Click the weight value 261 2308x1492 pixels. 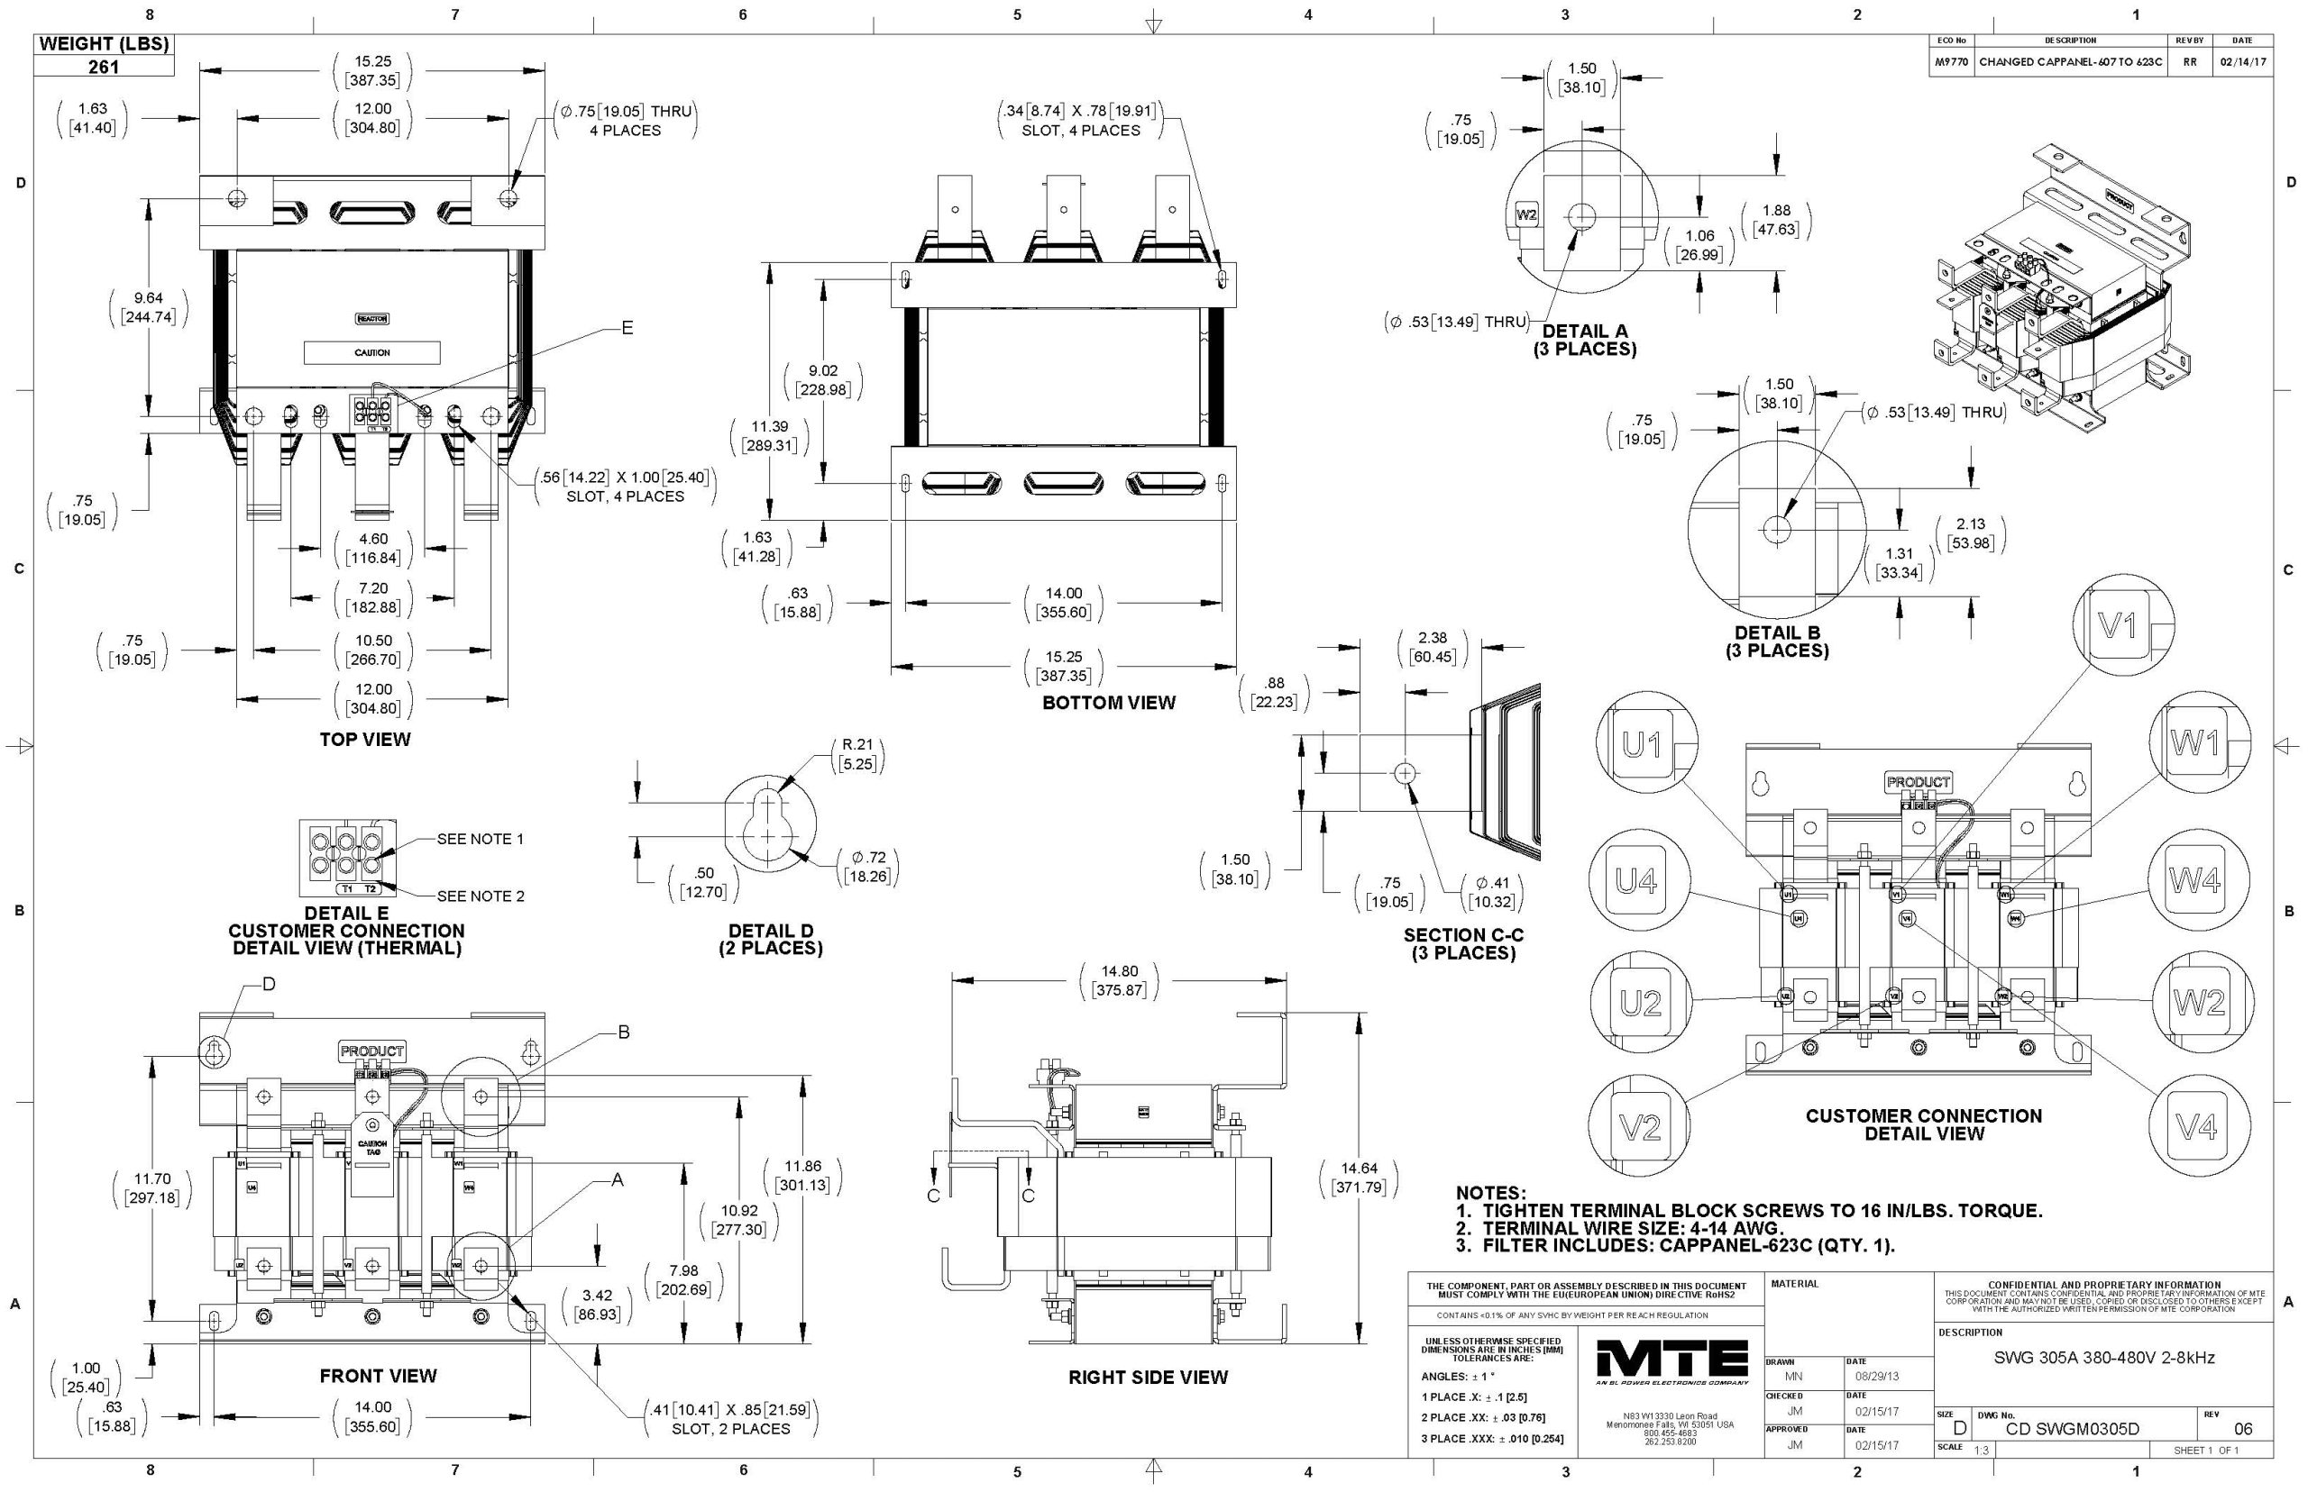tap(104, 67)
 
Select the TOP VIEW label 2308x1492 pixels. tap(364, 739)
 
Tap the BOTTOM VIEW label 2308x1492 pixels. tap(1108, 703)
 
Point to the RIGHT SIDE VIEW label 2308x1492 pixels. tap(1148, 1377)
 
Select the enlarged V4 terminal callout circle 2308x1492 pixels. tap(2196, 1126)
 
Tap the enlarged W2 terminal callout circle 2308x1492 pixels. tap(2199, 1002)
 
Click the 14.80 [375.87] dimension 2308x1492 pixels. tap(1119, 980)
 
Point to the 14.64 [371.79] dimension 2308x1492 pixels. tap(1358, 1178)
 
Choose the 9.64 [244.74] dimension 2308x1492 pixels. tap(149, 307)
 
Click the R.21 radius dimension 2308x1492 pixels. tap(856, 754)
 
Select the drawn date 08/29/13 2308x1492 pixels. tap(1878, 1376)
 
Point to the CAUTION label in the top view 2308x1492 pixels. tap(372, 352)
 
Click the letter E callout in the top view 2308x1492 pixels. tap(627, 329)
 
